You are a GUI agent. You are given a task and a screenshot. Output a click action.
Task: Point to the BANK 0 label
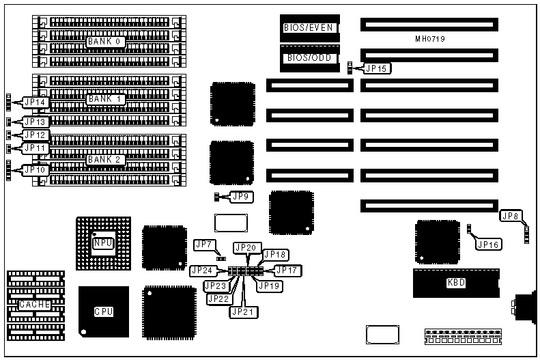[104, 42]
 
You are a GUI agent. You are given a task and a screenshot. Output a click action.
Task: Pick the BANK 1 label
[104, 98]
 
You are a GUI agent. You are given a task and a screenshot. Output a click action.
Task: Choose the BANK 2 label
[104, 160]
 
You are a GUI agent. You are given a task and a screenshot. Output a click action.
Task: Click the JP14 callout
[35, 102]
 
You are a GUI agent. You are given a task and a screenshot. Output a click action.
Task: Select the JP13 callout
[35, 122]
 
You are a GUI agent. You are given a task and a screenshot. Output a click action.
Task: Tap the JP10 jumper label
[35, 169]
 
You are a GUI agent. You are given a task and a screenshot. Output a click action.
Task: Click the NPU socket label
[102, 243]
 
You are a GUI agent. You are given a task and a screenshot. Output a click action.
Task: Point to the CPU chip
[104, 311]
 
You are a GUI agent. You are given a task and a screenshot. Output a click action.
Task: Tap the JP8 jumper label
[511, 216]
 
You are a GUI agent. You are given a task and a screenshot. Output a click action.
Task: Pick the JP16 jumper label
[488, 244]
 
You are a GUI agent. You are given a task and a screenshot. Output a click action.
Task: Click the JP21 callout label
[242, 311]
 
